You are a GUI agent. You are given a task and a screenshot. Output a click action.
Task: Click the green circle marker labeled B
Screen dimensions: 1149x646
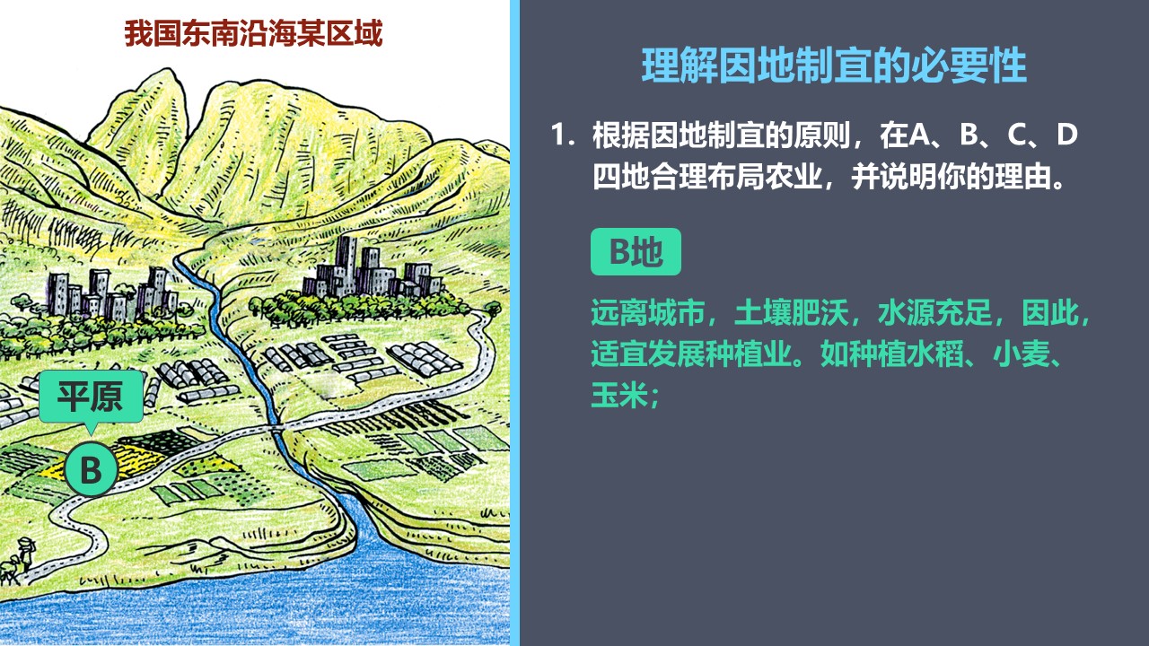click(92, 469)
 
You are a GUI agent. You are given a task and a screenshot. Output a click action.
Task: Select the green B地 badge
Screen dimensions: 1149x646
click(636, 252)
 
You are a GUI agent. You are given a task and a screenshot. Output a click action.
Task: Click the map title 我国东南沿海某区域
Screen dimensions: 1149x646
click(253, 33)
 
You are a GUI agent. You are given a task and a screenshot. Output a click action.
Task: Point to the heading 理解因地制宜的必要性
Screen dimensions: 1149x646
click(834, 65)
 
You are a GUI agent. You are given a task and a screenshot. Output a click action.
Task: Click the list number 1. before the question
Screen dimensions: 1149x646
click(562, 135)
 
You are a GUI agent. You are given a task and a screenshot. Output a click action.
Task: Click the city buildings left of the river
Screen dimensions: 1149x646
click(113, 293)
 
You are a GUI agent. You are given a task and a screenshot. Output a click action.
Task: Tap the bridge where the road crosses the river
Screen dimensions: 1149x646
click(277, 427)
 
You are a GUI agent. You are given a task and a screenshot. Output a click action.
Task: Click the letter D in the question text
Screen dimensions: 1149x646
click(1066, 135)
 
